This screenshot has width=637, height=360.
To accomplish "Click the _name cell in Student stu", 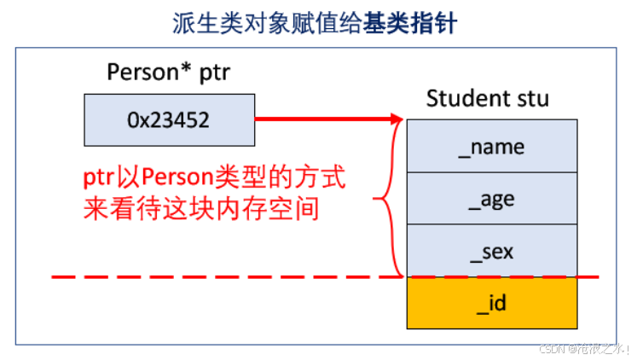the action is (x=491, y=147).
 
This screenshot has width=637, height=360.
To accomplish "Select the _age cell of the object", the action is (x=491, y=199).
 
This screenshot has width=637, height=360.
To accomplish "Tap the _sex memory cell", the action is (x=491, y=252).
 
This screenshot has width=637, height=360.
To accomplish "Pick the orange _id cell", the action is (x=491, y=303).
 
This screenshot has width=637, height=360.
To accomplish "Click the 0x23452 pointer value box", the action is (x=169, y=120).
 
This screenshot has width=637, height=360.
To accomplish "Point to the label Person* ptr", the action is (x=169, y=72).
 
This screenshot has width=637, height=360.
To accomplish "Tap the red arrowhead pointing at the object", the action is (x=395, y=120).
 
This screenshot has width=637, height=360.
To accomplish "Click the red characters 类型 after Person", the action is (x=244, y=179).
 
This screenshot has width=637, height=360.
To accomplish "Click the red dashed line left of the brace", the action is (x=213, y=276).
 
